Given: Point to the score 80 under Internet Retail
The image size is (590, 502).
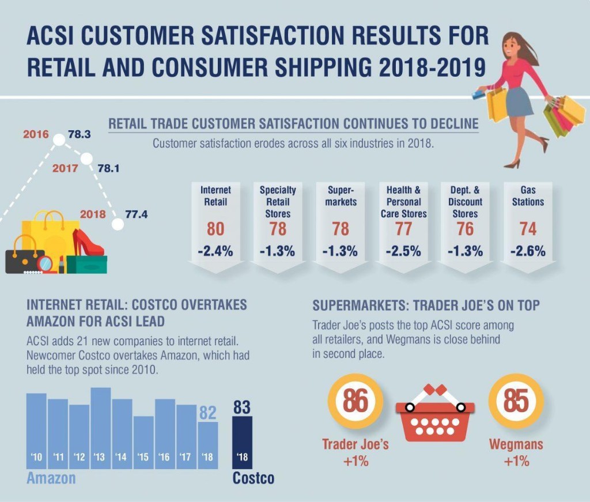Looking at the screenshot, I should tap(215, 229).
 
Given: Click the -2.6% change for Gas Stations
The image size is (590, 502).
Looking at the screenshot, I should tap(528, 251).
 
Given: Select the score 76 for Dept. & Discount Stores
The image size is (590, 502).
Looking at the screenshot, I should tap(465, 229).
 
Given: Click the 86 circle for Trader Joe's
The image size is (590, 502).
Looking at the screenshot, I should tap(355, 401).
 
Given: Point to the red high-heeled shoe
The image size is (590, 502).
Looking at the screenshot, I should tap(86, 242).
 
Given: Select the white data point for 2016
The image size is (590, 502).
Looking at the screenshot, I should tap(59, 139).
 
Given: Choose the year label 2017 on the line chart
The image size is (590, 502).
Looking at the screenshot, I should tap(65, 169).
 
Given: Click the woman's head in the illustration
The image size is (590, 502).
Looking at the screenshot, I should tap(513, 45).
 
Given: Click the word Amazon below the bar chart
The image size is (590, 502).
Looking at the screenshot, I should tap(51, 478).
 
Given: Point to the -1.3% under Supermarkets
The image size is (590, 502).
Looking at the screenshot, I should tap(341, 251).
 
